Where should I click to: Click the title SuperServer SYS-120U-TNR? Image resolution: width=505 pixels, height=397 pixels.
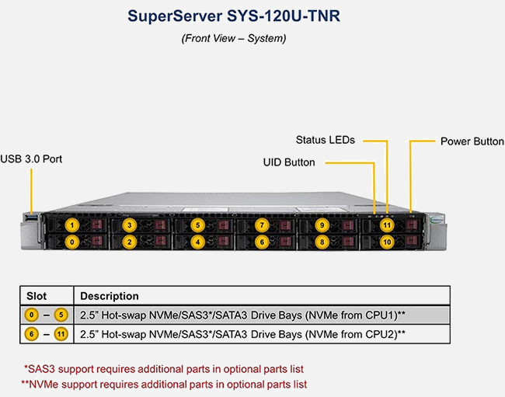(233, 16)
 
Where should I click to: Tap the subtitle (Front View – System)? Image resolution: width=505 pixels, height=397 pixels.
(233, 38)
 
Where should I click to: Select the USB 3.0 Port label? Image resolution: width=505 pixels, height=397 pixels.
(31, 158)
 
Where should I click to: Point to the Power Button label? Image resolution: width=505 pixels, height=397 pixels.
(472, 141)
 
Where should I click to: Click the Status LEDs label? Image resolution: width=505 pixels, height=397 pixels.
(325, 140)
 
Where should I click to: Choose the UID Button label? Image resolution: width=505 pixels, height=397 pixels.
(288, 162)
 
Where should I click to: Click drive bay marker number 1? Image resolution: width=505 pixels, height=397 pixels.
(72, 225)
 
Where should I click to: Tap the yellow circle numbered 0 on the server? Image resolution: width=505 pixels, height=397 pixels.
(72, 242)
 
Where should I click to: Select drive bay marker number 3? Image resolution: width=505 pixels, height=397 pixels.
(128, 225)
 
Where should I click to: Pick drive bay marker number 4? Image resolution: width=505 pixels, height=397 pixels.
(199, 242)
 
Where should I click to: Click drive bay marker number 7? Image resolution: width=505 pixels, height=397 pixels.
(262, 225)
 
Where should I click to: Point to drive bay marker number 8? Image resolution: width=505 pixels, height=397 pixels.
(322, 242)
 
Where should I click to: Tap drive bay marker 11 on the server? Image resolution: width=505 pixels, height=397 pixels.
(387, 225)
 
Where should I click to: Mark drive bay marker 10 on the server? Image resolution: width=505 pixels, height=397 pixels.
(387, 242)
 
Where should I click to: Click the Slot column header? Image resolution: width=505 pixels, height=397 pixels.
(37, 296)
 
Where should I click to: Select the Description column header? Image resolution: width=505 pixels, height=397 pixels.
(109, 296)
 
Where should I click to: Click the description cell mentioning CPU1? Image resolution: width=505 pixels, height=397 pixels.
(243, 315)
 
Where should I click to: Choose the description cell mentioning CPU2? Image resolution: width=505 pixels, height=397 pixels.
(243, 334)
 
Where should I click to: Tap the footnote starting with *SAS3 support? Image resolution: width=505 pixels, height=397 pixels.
(163, 367)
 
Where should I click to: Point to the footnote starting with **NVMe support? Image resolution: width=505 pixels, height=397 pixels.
(164, 384)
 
